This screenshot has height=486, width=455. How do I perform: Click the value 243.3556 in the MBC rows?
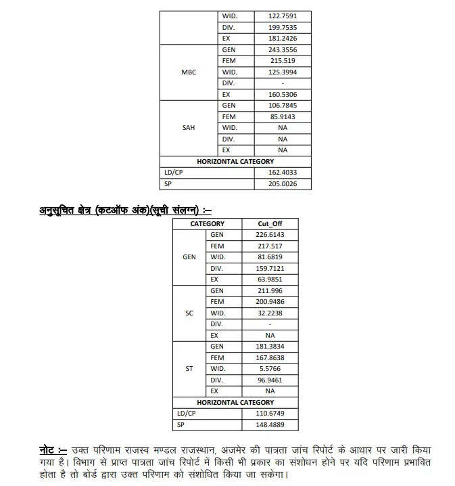pyautogui.click(x=282, y=49)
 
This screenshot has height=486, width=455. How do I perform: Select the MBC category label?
pyautogui.click(x=189, y=72)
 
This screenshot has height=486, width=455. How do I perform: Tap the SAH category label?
pyautogui.click(x=189, y=127)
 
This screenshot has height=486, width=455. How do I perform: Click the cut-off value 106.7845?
pyautogui.click(x=282, y=106)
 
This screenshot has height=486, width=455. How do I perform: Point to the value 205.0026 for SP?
pyautogui.click(x=282, y=183)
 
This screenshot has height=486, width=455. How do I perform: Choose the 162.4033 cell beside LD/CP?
pyautogui.click(x=282, y=173)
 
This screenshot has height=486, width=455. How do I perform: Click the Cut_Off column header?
pyautogui.click(x=270, y=223)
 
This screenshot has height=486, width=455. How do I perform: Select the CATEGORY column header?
pyautogui.click(x=207, y=223)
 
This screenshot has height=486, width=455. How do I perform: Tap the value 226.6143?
pyautogui.click(x=270, y=235)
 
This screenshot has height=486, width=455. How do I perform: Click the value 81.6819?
pyautogui.click(x=270, y=257)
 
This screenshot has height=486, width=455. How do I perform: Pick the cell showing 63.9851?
pyautogui.click(x=270, y=279)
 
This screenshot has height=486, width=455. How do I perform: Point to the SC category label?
pyautogui.click(x=189, y=313)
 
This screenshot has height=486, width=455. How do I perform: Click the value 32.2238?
pyautogui.click(x=270, y=313)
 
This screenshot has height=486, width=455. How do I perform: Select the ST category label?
pyautogui.click(x=189, y=368)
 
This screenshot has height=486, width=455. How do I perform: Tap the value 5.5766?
pyautogui.click(x=270, y=368)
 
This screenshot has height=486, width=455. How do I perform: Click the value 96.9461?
pyautogui.click(x=270, y=380)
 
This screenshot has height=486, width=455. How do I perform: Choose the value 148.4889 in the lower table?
pyautogui.click(x=270, y=424)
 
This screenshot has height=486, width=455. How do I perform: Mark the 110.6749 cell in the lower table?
pyautogui.click(x=270, y=413)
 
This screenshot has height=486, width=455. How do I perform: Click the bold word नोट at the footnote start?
pyautogui.click(x=47, y=450)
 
